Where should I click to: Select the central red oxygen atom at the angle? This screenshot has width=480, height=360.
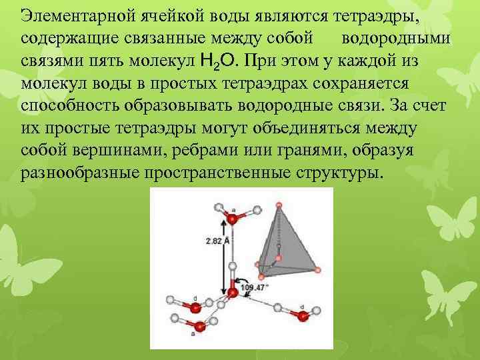233,293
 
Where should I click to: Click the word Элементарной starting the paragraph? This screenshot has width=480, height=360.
78,15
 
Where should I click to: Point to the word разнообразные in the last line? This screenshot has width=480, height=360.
80,173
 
